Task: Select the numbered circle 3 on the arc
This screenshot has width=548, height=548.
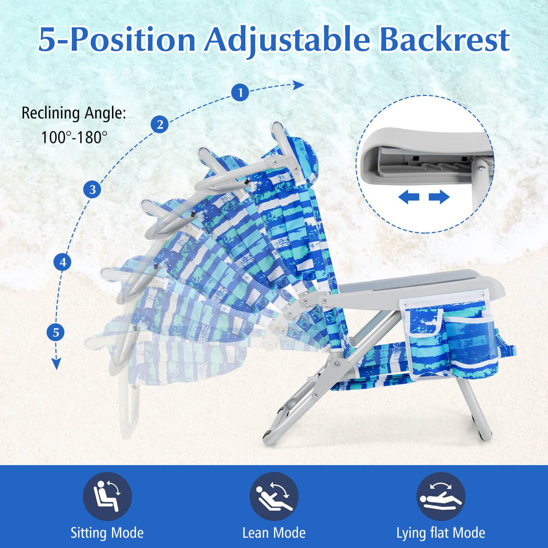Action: tap(92, 189)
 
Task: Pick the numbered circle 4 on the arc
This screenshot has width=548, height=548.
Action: tap(63, 262)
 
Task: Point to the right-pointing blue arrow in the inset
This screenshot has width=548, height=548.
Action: tap(439, 197)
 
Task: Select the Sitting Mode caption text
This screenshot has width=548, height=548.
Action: tap(107, 533)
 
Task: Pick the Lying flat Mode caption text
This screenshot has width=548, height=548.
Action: tap(441, 533)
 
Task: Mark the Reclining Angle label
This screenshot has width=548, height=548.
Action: tap(74, 113)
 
